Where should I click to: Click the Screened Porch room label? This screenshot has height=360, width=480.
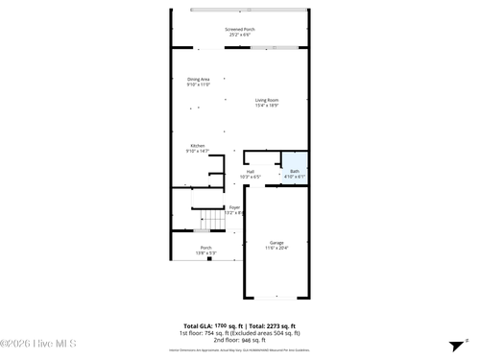coord(240,30)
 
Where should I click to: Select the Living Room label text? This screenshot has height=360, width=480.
coord(267,100)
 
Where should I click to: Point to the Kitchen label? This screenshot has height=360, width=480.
coord(197,146)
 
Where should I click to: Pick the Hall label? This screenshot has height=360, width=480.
coord(250,172)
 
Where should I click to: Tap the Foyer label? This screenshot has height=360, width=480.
coord(234,207)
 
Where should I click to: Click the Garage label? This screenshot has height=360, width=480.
coord(276,243)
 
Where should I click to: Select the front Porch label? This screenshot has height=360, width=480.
coord(205,248)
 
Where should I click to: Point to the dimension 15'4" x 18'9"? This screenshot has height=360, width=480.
coord(267,106)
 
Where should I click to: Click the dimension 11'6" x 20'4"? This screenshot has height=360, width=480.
coord(276,249)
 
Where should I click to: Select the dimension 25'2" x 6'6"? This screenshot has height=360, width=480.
coord(240,36)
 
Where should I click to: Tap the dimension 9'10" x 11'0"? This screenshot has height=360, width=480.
coord(199,84)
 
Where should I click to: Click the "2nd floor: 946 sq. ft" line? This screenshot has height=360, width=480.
coord(239,340)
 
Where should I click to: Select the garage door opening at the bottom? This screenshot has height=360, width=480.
coord(276,298)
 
